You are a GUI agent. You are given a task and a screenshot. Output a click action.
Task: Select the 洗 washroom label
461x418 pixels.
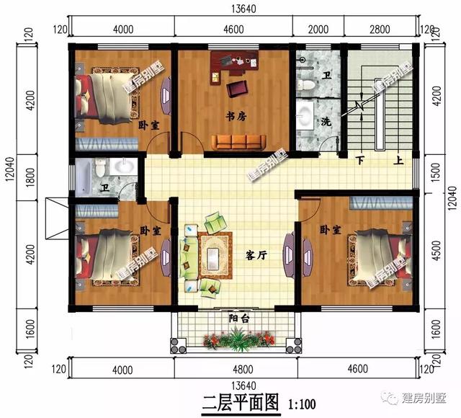(326, 120)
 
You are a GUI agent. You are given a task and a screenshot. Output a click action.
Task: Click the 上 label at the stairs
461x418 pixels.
(398, 160)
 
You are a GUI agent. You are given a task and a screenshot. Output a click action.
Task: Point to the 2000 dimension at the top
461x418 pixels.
(318, 29)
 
